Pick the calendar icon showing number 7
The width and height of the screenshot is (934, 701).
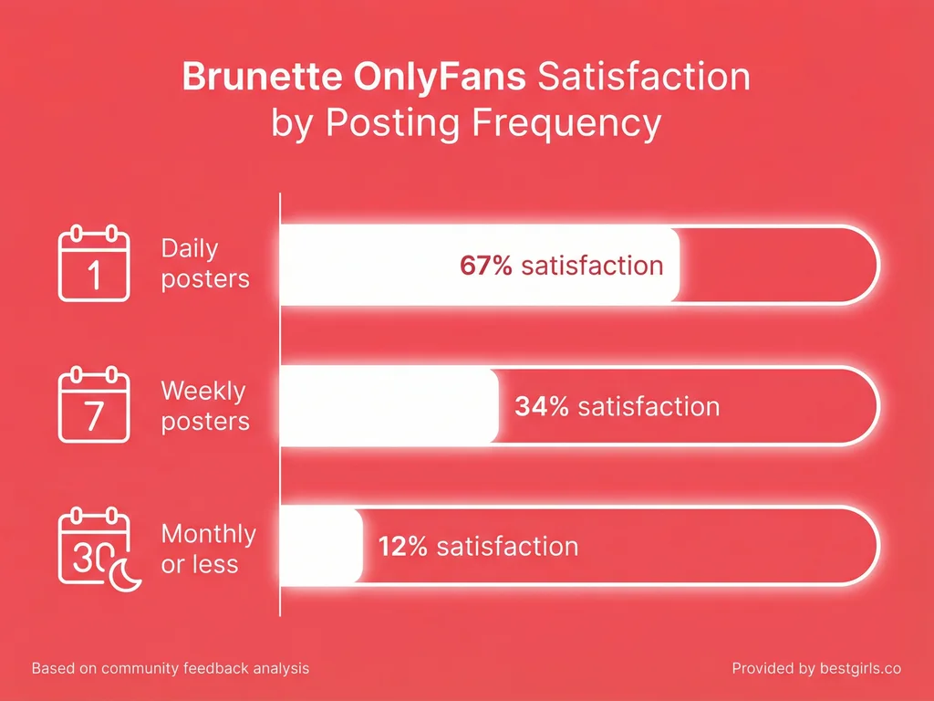(93, 405)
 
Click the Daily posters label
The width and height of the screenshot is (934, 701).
(204, 263)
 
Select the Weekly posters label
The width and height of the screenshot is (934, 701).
(204, 406)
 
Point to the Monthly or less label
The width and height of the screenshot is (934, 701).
(208, 549)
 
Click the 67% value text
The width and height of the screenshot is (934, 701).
(487, 266)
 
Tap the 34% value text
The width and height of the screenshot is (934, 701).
(542, 406)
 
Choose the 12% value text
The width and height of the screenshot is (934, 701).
(401, 547)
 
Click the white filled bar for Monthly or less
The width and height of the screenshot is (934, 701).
(321, 547)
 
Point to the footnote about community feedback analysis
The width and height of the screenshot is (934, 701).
(170, 669)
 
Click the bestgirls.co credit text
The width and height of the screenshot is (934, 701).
(816, 669)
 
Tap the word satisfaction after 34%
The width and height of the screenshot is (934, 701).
(649, 406)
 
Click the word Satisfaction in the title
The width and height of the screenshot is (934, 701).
(643, 77)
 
